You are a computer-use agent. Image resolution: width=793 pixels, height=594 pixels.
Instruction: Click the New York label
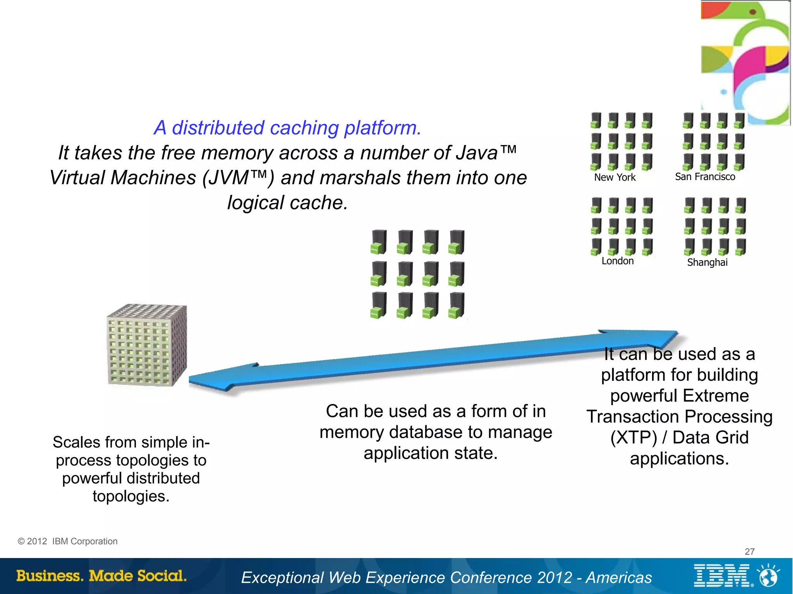614,177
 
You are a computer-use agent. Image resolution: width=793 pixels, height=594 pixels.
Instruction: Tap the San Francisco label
705,177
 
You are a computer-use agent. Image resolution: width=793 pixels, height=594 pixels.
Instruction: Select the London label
617,261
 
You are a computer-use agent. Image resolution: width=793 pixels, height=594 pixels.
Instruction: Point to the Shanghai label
707,262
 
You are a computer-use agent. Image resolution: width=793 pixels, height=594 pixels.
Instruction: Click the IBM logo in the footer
722,576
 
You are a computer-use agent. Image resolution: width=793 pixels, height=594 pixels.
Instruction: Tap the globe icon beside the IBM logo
769,576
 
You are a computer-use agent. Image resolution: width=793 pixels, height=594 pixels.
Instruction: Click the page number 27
750,551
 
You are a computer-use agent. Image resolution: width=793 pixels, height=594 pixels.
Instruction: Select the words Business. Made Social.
101,576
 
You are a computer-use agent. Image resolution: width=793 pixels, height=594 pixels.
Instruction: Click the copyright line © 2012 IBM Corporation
68,541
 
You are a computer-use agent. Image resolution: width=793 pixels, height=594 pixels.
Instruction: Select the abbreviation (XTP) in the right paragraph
633,438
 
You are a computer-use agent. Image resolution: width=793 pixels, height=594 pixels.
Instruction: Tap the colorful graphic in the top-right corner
745,62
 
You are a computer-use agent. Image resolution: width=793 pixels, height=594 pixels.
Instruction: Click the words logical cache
287,202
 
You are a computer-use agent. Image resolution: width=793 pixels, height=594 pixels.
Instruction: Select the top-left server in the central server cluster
379,242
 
